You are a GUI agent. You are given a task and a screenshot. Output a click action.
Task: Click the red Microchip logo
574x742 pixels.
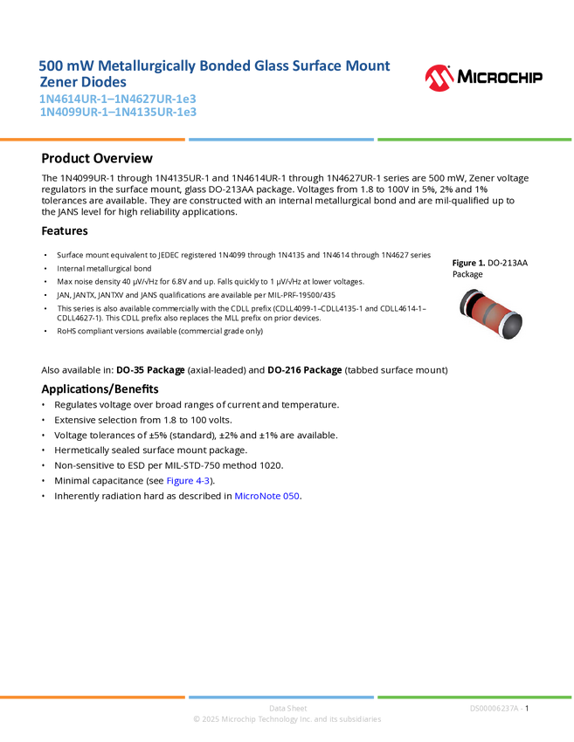439,79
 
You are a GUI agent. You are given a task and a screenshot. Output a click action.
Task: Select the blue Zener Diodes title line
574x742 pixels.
82,82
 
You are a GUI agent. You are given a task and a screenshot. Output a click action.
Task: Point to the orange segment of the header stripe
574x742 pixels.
93,139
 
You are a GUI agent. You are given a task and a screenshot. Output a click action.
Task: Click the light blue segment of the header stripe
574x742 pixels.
280,139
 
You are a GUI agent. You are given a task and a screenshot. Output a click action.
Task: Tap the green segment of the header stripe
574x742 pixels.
474,139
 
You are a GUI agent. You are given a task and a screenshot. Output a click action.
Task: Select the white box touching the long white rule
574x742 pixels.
21,159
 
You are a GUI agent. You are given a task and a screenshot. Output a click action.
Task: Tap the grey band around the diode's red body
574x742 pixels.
489,311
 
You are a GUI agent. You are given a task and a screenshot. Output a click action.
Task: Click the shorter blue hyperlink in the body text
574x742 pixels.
188,480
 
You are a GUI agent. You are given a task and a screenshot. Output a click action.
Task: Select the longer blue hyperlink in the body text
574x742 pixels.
268,497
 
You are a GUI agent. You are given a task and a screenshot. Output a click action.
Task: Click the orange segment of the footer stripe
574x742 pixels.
93,697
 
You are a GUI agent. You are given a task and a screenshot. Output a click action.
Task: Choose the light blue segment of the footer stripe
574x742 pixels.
280,697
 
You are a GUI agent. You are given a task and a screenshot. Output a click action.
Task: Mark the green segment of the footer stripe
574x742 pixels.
474,697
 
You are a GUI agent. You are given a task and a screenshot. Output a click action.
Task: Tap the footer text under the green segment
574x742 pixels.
495,708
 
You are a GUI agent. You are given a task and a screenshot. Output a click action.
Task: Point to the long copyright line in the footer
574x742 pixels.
287,719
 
